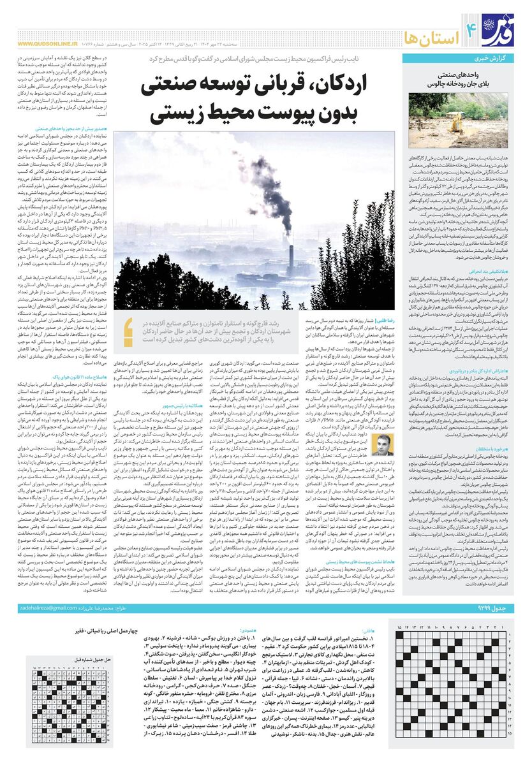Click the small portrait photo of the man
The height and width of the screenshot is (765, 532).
point(381,442)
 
